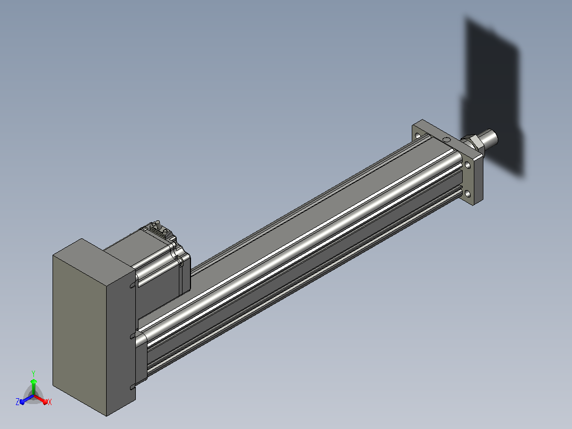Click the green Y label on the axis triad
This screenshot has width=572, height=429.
point(33,373)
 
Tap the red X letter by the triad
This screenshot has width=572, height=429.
point(50,402)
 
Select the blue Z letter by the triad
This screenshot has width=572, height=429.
point(17,402)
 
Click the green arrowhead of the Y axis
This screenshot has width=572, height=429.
point(33,382)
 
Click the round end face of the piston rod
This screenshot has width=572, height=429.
point(492,138)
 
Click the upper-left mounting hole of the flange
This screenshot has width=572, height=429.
point(418,135)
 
